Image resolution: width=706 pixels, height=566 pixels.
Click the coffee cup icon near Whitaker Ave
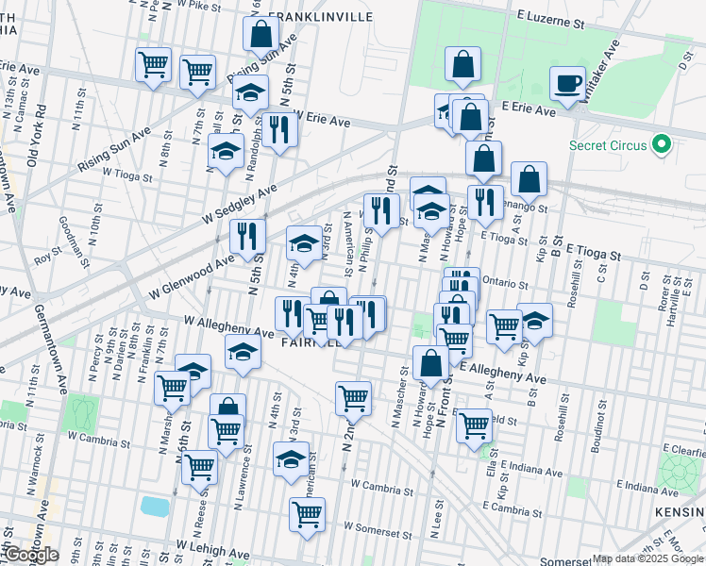click(x=569, y=83)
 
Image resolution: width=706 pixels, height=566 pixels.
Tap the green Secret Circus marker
click(x=662, y=145)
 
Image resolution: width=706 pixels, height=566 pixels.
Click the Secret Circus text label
click(x=609, y=145)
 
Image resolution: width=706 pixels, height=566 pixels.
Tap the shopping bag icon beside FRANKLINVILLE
click(x=261, y=35)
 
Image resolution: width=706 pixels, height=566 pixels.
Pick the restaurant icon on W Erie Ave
click(x=278, y=130)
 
